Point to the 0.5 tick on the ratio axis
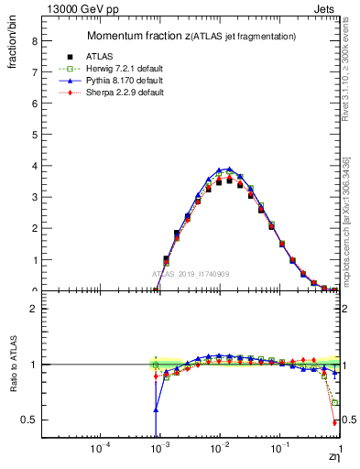(x=27, y=420)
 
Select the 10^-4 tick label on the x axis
(x=99, y=449)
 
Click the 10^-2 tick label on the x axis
(x=219, y=449)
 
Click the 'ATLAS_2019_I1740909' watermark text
(x=191, y=274)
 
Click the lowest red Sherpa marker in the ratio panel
(x=335, y=423)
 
